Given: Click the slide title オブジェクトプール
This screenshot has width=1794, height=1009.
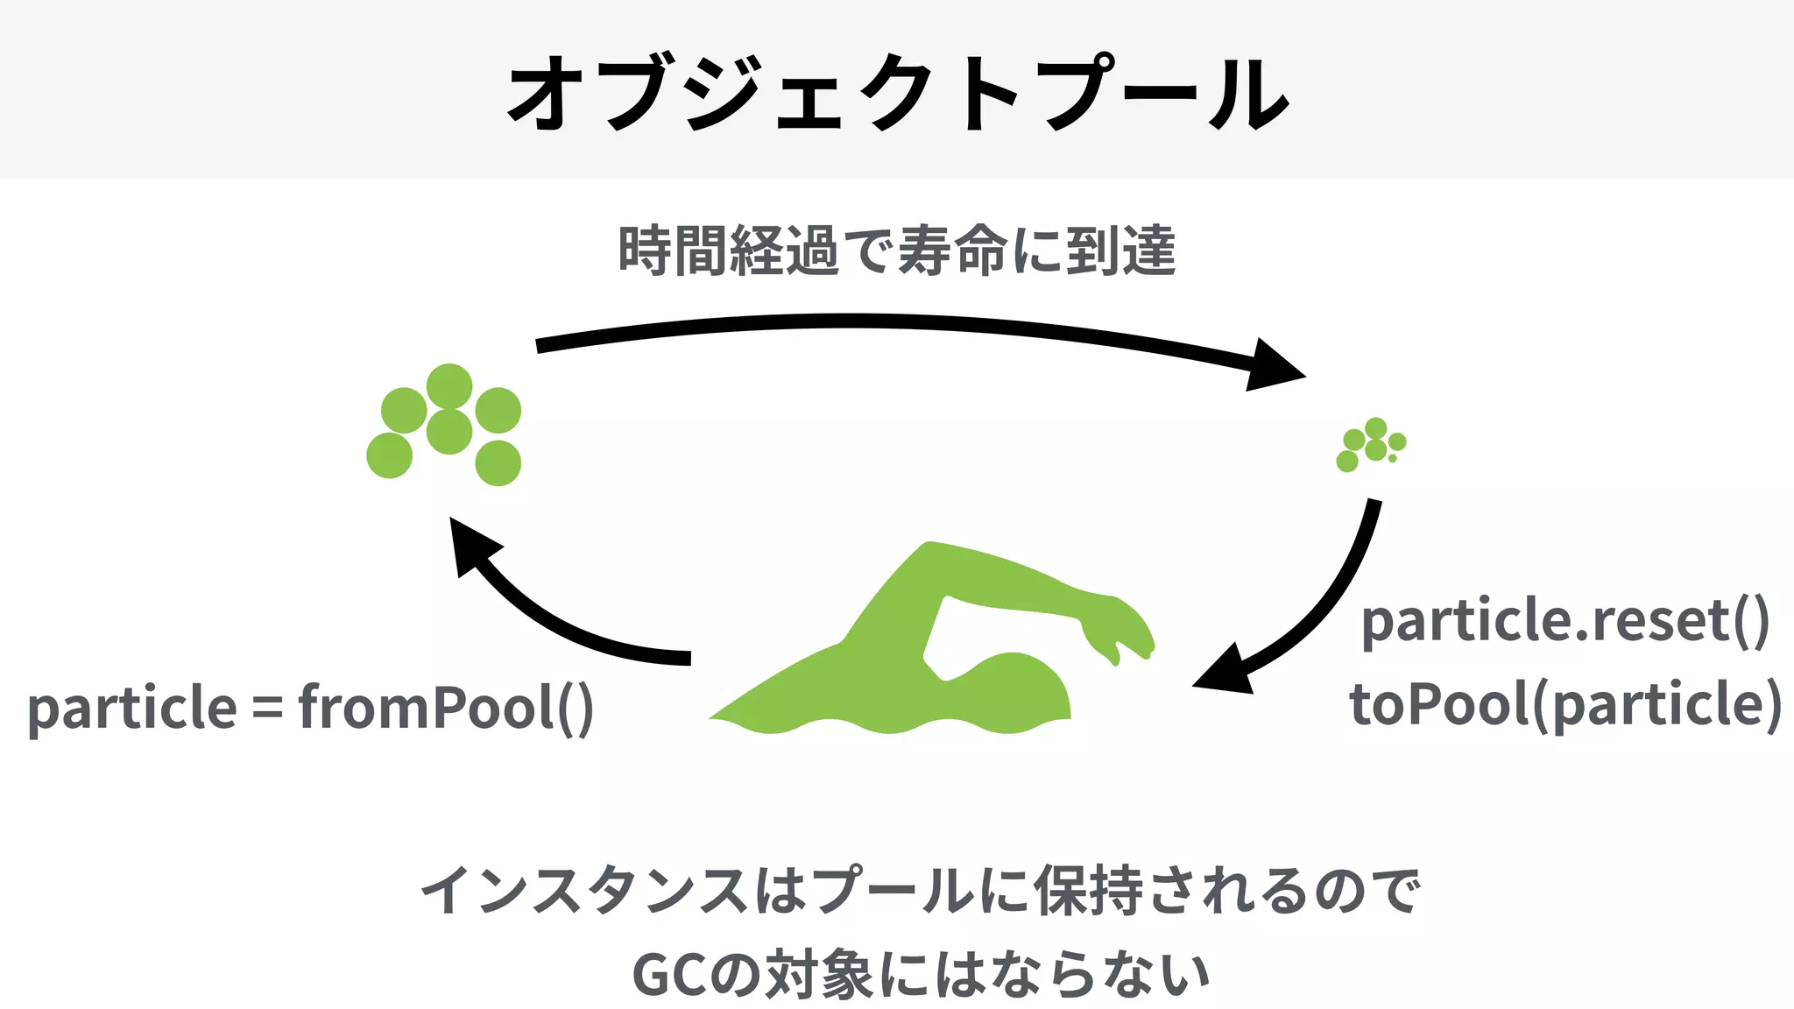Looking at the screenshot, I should [897, 93].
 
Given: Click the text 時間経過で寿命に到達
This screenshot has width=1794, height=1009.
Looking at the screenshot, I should [897, 251].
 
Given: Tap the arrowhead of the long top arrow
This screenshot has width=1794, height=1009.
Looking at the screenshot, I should [1275, 366].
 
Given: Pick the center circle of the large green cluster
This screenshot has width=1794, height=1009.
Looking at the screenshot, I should [449, 431].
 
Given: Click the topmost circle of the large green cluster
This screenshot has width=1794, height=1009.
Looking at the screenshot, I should [449, 386].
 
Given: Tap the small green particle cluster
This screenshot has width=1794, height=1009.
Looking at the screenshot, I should [1371, 445].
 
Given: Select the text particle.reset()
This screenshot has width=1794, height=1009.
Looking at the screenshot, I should [1564, 621].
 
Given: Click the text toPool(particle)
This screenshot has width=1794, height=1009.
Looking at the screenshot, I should [1564, 704].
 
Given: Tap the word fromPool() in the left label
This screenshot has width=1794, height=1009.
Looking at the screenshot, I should [446, 707].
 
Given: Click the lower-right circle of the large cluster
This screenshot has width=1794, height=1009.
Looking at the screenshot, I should [498, 463].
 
